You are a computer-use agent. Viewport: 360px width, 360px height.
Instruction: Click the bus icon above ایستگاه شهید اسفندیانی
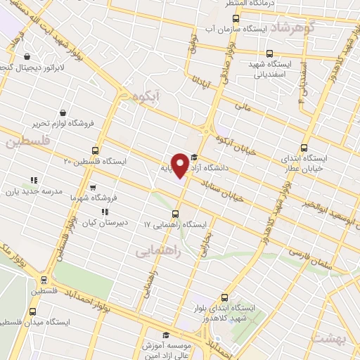pos(269,53)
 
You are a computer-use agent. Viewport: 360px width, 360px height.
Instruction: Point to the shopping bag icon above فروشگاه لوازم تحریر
pos(63,112)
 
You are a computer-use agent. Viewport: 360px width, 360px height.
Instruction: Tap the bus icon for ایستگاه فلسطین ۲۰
pos(96,150)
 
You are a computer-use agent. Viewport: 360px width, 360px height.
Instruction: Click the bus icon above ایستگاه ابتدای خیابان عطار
pos(304,148)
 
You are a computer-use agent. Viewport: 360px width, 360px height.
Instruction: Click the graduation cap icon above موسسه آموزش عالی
pos(166,335)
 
